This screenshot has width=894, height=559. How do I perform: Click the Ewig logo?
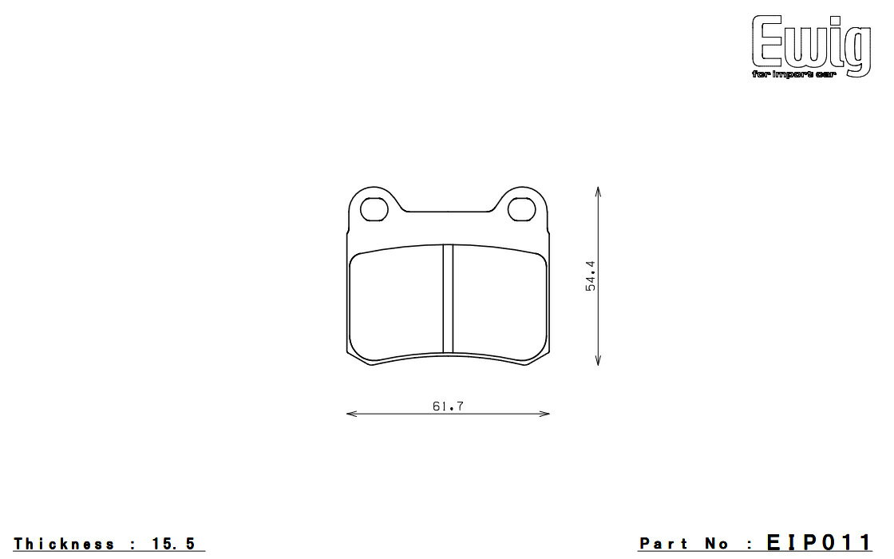click(811, 46)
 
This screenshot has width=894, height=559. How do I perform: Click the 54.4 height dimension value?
click(590, 276)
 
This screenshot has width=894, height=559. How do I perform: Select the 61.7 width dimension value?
click(448, 406)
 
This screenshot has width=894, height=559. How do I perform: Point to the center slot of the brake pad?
click(448, 299)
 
